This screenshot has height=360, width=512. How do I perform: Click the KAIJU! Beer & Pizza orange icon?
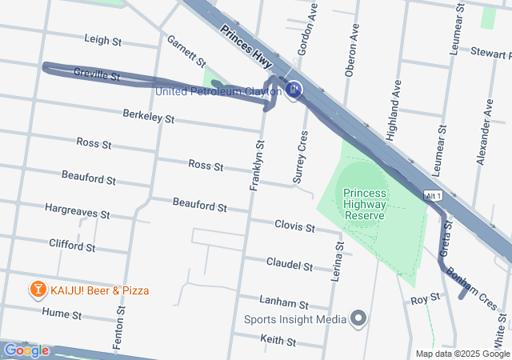pyautogui.click(x=37, y=290)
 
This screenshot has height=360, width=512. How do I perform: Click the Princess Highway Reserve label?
pyautogui.click(x=364, y=204)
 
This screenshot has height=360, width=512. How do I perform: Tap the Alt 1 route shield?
pyautogui.click(x=433, y=195)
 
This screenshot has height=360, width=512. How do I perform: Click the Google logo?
pyautogui.click(x=26, y=350)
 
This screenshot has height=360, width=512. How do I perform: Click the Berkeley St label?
pyautogui.click(x=148, y=117)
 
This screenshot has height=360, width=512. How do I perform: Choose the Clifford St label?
pyautogui.click(x=72, y=244)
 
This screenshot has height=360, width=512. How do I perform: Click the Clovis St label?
pyautogui.click(x=294, y=227)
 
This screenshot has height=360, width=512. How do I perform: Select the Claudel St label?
pyautogui.click(x=290, y=264)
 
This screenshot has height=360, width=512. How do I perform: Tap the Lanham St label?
pyautogui.click(x=284, y=302)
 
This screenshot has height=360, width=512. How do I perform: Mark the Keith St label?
pyautogui.click(x=278, y=341)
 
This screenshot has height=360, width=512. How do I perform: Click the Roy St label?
pyautogui.click(x=425, y=298)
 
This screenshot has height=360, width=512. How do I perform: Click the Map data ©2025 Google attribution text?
pyautogui.click(x=462, y=354)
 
